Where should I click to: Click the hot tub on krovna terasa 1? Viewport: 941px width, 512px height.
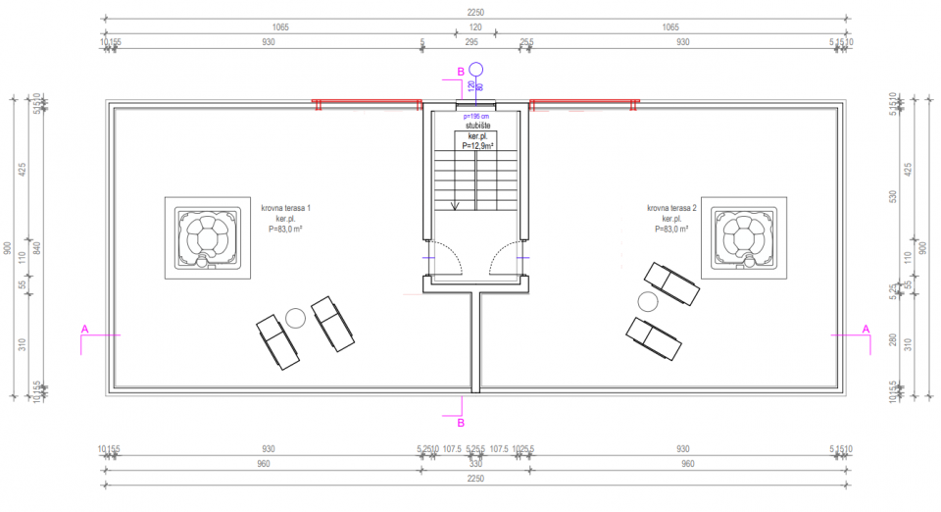[206, 239]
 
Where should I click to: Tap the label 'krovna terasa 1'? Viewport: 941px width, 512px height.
[286, 209]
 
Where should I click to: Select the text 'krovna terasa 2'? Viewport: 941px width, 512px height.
[671, 209]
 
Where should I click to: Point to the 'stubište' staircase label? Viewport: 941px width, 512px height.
[476, 126]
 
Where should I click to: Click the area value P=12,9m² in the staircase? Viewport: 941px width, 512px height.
[476, 145]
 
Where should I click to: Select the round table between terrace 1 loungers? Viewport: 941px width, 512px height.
[296, 316]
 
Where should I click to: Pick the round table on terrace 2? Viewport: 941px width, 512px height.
[647, 301]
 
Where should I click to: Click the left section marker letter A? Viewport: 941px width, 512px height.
[85, 329]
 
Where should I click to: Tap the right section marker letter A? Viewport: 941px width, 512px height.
[866, 329]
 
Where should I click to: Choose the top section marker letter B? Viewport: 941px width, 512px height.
[460, 71]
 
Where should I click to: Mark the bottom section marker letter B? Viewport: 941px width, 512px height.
[461, 423]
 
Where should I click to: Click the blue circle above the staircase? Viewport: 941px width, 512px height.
[476, 70]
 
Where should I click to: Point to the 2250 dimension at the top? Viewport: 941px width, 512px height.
[475, 13]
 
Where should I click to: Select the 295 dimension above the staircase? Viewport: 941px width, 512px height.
[470, 42]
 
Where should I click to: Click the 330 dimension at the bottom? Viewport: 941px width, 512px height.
[475, 464]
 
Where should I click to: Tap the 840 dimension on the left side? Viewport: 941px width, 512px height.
[35, 247]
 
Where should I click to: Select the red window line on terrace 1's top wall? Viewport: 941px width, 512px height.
[367, 101]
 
